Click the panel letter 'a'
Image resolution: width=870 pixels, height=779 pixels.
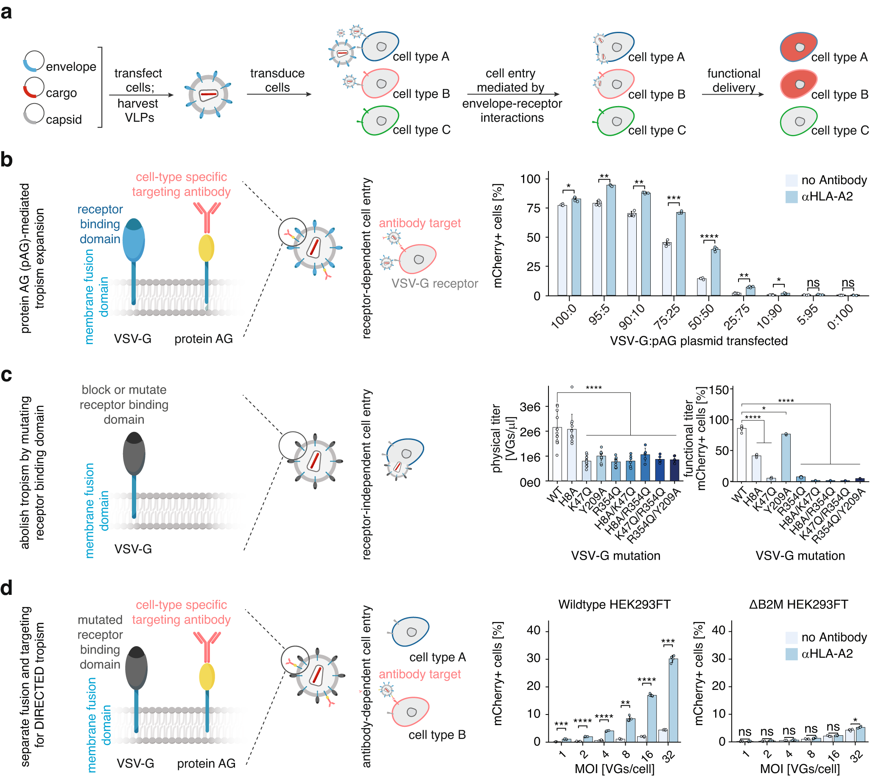tap(6, 12)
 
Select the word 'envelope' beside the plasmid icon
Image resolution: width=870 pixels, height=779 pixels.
tap(71, 66)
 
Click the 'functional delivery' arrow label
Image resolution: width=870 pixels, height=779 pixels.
tap(733, 80)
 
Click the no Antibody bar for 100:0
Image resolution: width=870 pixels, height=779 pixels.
tap(562, 250)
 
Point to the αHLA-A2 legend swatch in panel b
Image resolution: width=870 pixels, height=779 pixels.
tap(791, 196)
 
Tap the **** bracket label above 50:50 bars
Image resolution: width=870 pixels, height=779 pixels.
tap(709, 236)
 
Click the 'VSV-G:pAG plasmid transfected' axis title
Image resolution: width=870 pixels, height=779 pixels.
tap(698, 341)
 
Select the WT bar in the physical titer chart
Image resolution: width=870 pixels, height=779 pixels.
tap(557, 454)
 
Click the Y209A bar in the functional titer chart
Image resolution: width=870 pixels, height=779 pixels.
tap(785, 458)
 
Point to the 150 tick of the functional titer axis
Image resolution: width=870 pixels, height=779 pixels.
tap(719, 390)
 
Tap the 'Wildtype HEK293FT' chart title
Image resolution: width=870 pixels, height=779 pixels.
tap(614, 604)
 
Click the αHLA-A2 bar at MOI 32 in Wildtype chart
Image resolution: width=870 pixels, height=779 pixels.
tap(673, 700)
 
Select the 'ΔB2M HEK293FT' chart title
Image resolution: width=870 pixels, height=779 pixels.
tap(798, 604)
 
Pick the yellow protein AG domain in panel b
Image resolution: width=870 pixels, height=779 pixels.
tap(206, 248)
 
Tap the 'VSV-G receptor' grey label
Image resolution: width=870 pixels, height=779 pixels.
tap(434, 283)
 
